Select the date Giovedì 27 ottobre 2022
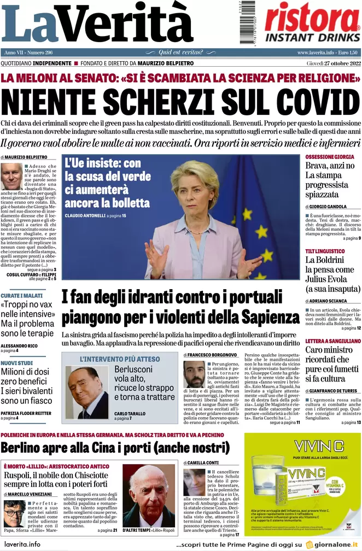pos(328,63)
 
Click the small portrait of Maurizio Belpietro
pos(11,177)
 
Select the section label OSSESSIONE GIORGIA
pos(330,157)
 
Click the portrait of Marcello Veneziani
pos(14,513)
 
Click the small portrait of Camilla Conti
pos(194,482)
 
